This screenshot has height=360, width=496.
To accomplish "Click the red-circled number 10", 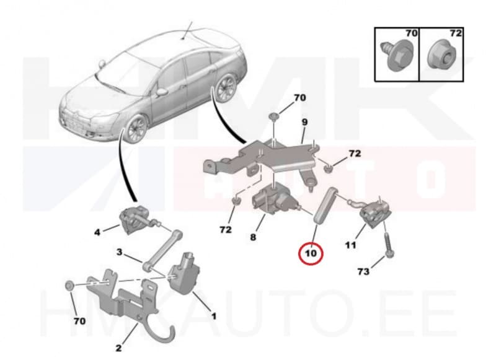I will (311, 253).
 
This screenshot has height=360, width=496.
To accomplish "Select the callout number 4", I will (97, 233).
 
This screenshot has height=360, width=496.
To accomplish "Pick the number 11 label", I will (350, 246).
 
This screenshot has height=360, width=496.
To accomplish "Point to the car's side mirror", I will (161, 92).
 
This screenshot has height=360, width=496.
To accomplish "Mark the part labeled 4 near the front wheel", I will (132, 220).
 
